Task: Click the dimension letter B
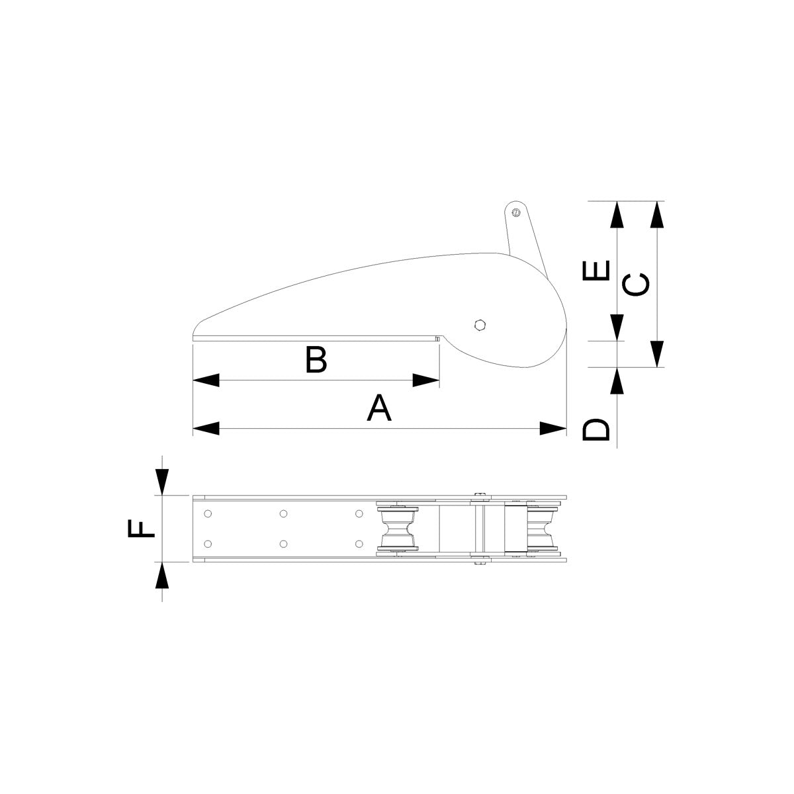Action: click(316, 359)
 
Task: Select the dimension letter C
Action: click(637, 285)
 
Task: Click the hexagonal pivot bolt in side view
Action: click(480, 324)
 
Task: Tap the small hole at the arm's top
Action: click(515, 212)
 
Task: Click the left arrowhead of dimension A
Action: click(206, 428)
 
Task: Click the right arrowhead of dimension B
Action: click(426, 380)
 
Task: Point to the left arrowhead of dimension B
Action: click(206, 380)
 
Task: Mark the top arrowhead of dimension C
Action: click(656, 214)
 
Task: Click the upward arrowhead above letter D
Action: click(617, 382)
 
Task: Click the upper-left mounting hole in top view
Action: click(208, 513)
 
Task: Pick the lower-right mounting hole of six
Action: click(359, 543)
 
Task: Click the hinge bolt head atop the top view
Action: click(480, 494)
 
